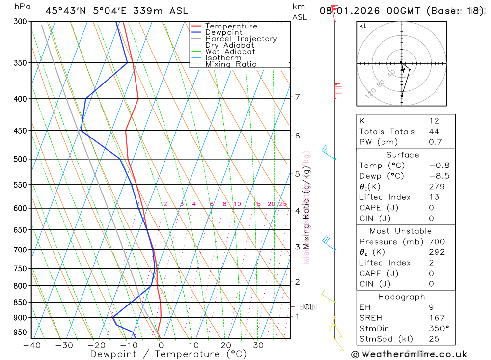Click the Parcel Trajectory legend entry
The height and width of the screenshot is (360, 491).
point(241,39)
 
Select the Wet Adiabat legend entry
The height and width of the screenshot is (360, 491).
point(230,52)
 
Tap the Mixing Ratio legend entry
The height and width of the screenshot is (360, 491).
point(231,64)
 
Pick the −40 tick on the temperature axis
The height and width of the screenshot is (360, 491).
point(32,345)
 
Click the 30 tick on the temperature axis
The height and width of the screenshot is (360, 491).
point(258,345)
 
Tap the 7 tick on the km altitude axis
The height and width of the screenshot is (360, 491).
point(297,97)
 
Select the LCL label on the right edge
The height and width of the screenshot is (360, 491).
point(306,307)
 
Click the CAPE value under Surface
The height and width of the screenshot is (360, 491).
point(432,208)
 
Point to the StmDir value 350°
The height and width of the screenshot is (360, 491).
point(439,329)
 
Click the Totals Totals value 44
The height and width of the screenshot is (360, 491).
point(434,132)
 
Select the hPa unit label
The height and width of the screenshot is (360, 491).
point(22,7)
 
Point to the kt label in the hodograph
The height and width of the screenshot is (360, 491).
point(363,26)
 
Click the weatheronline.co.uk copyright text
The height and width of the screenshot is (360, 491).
point(409,354)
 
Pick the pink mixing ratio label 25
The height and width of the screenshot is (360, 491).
point(283,204)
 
